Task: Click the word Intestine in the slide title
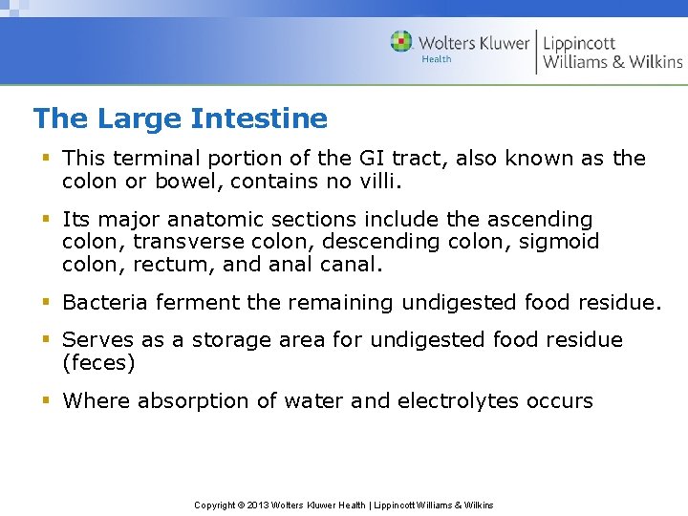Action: (x=259, y=118)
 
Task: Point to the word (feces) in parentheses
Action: (x=98, y=363)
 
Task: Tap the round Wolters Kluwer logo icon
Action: (x=401, y=42)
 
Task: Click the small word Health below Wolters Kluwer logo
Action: (x=437, y=59)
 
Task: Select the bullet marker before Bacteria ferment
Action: (x=46, y=303)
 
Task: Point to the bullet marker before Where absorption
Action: (x=46, y=401)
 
